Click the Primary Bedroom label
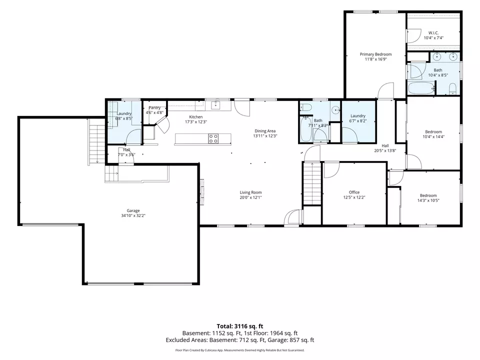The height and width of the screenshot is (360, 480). click(375, 54)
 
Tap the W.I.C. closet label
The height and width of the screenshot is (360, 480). click(433, 33)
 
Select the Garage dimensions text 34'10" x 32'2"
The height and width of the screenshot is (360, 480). click(133, 215)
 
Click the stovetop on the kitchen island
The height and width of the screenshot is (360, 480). click(213, 138)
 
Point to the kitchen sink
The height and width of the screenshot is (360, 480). click(216, 105)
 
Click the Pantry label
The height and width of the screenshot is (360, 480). click(154, 108)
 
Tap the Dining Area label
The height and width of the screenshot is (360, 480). click(265, 131)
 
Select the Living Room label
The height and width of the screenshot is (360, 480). click(250, 192)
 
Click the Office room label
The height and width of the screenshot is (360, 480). click(354, 192)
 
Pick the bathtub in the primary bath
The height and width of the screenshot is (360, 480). click(421, 88)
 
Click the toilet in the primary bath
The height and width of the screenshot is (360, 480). click(453, 89)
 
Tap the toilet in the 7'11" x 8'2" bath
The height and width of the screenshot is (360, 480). click(305, 107)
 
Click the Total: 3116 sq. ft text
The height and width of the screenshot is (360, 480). click(240, 326)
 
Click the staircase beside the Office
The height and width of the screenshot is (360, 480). click(312, 183)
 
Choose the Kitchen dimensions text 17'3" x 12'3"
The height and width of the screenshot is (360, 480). click(196, 122)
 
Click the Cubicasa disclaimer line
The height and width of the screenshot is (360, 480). click(240, 350)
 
